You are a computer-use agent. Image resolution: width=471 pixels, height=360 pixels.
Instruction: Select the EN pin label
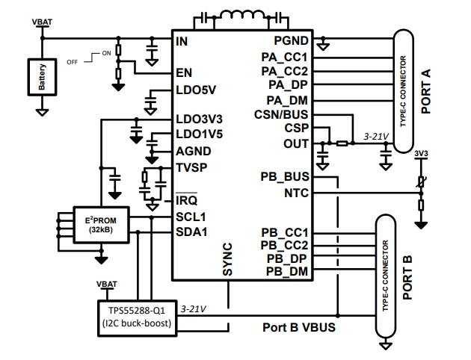tap(184, 73)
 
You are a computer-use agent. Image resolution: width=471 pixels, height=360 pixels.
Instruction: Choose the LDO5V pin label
tap(195, 90)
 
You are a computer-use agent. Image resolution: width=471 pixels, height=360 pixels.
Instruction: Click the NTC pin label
tap(297, 193)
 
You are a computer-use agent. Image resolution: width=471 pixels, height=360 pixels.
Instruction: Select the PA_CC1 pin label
tap(285, 56)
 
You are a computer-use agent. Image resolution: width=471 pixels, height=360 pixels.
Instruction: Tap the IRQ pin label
tap(186, 201)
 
